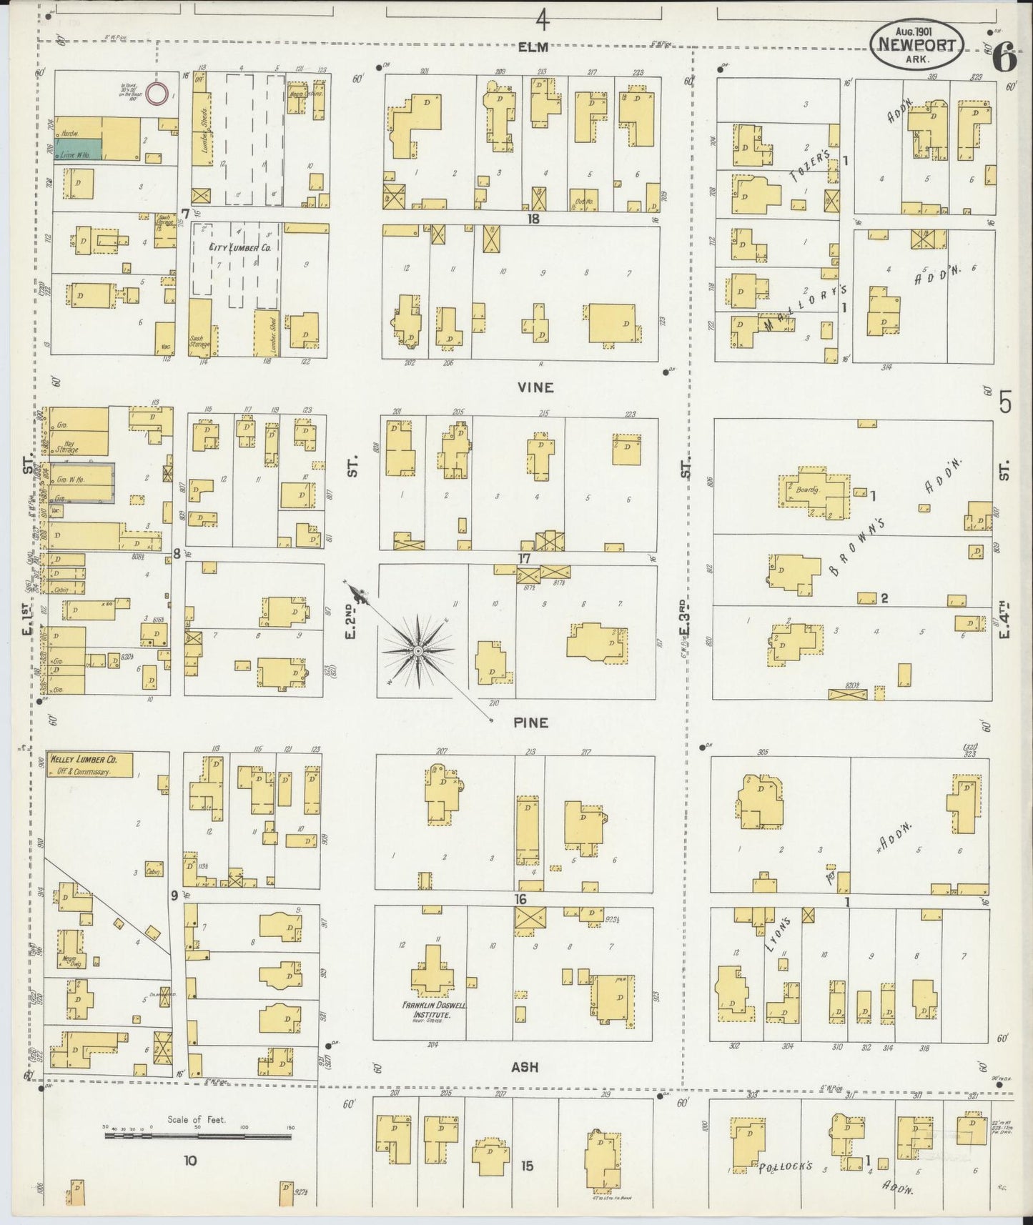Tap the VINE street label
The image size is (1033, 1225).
click(536, 387)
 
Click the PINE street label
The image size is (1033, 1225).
click(531, 723)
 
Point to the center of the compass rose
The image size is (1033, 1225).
click(417, 651)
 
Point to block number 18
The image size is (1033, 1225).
click(533, 219)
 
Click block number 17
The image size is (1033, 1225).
click(525, 557)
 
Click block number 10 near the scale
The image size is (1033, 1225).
click(189, 1161)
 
